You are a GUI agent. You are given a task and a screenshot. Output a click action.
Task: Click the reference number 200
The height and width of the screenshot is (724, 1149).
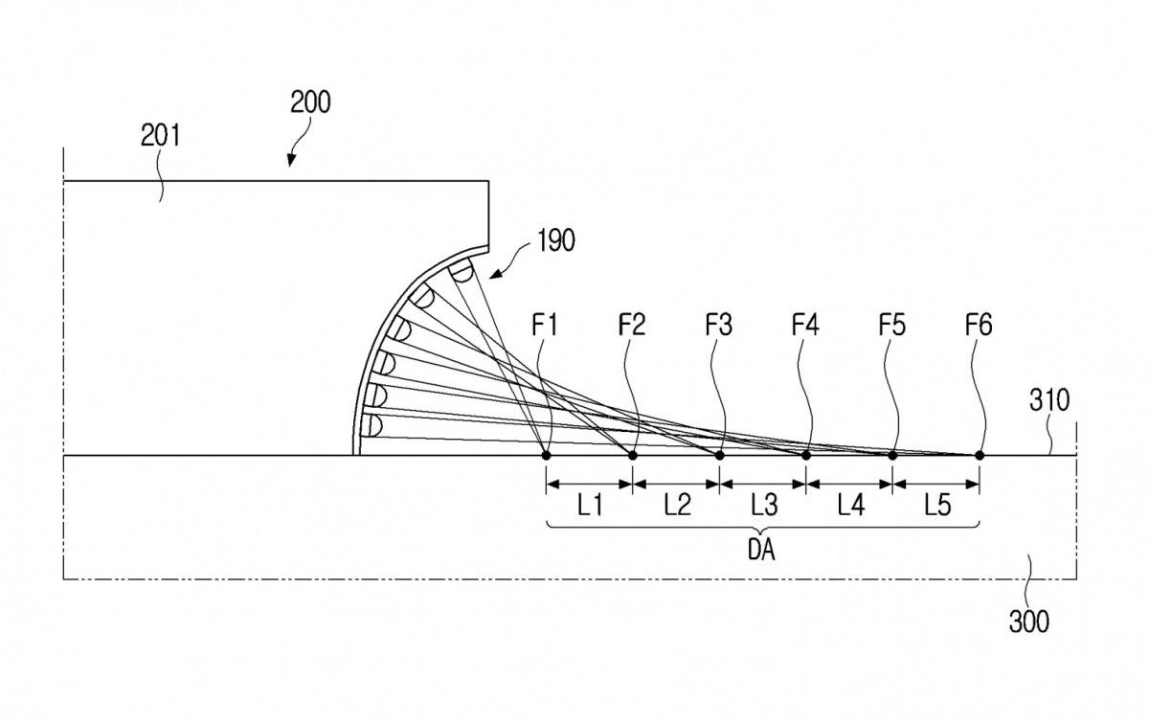[x=310, y=102]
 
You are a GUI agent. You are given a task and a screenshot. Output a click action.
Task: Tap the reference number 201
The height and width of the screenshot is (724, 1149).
[x=161, y=137]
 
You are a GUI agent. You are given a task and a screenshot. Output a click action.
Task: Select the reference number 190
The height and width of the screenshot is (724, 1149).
[x=556, y=240]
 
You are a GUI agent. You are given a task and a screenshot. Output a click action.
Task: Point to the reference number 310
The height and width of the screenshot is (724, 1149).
[x=1049, y=400]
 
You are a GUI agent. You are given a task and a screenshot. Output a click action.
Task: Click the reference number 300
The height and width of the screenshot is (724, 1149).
[x=1029, y=622]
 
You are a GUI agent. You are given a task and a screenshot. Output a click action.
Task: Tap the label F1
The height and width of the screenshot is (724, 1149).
[x=545, y=325]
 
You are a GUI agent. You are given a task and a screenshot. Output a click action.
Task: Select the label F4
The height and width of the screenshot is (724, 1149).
[x=805, y=325]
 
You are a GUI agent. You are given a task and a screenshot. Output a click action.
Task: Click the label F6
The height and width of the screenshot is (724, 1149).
[x=979, y=325]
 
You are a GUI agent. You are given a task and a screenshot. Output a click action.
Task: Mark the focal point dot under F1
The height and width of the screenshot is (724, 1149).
[x=547, y=455]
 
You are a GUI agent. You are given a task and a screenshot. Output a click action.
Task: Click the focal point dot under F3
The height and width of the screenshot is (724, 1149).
[x=720, y=455]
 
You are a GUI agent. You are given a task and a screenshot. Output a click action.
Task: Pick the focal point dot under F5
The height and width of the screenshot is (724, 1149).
[x=892, y=455]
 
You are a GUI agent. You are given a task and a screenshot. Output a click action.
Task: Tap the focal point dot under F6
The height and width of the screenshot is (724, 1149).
[x=980, y=455]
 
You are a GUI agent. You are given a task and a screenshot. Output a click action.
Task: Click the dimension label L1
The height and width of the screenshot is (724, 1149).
[x=590, y=506]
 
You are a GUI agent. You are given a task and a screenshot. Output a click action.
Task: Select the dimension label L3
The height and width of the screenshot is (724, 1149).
[x=764, y=506]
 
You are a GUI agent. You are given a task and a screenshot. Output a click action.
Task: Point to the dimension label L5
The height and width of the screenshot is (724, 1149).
[x=937, y=506]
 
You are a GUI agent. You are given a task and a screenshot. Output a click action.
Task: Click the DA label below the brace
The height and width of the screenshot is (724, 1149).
[x=761, y=550]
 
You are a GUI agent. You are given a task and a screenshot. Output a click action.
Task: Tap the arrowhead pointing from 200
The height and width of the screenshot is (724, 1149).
[x=291, y=161]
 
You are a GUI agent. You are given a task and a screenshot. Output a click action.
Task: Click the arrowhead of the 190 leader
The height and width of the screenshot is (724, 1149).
[x=494, y=274]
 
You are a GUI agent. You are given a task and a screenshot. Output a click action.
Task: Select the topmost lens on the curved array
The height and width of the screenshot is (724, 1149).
[x=461, y=270]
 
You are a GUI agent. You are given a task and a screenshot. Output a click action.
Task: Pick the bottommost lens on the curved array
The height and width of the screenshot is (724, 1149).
[x=372, y=426]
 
